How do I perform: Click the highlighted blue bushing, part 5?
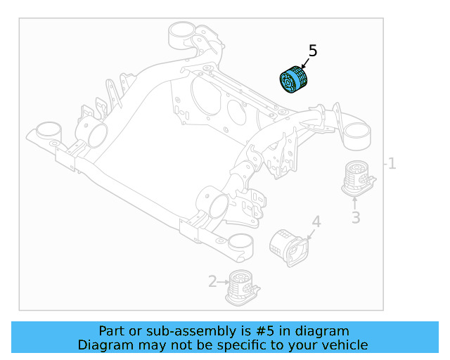tap(295, 79)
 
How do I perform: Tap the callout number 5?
tap(313, 51)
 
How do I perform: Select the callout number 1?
tap(392, 164)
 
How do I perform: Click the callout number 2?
tap(212, 282)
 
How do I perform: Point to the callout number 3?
tap(356, 218)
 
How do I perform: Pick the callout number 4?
tap(316, 222)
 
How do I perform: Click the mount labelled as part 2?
tap(241, 287)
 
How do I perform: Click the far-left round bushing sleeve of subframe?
tap(49, 131)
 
